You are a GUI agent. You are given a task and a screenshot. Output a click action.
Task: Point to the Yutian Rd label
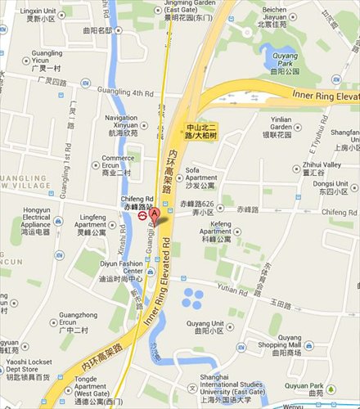233,290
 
